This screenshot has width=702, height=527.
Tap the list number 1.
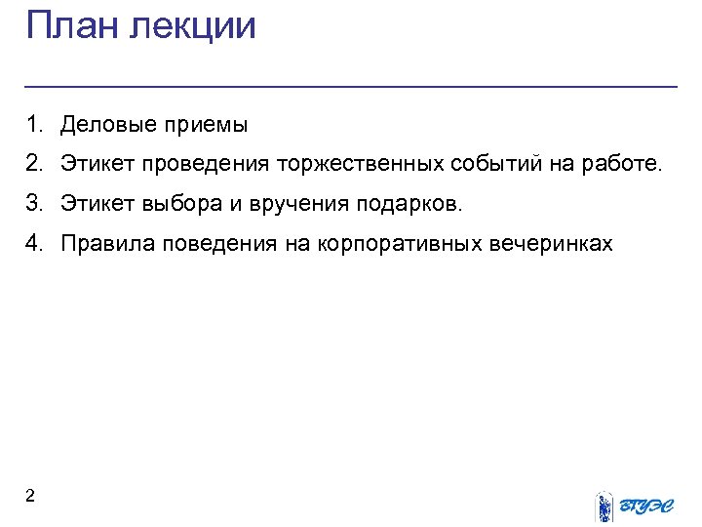coord(35,125)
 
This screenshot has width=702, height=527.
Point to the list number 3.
coord(35,203)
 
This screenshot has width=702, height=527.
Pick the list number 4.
coord(35,243)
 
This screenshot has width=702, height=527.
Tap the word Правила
coord(102,243)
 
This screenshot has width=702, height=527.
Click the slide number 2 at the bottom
coord(30,497)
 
